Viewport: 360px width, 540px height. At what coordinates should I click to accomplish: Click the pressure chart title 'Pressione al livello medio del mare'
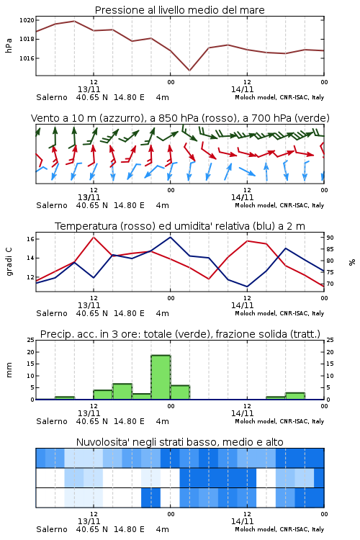coord(179,10)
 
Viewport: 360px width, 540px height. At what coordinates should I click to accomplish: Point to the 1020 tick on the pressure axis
coord(27,20)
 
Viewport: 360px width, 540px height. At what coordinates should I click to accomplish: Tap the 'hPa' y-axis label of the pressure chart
coord(9,46)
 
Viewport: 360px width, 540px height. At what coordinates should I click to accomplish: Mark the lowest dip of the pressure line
coord(189,71)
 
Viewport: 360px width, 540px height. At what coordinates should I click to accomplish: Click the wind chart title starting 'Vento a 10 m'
coord(180,118)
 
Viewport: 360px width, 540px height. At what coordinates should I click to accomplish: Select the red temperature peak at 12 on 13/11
coord(94,237)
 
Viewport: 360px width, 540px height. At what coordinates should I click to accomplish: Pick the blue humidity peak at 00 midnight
coord(170,237)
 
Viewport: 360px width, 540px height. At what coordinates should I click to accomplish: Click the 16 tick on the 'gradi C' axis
coord(30,238)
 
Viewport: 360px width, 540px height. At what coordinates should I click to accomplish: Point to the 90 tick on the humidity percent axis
coord(330,238)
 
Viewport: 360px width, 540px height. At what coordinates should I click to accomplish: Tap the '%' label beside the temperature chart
coord(352,262)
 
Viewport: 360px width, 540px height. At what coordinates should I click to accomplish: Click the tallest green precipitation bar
coord(161,377)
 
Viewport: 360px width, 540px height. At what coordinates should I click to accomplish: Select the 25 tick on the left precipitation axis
coord(31,340)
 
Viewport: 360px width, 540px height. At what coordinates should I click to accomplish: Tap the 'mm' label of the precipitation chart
coord(9,370)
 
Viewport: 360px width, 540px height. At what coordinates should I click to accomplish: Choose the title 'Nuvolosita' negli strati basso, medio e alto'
coord(179,442)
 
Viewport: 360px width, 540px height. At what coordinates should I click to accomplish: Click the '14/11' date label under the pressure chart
coord(242,89)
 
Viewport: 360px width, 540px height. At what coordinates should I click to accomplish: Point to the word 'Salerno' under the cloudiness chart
coord(52,529)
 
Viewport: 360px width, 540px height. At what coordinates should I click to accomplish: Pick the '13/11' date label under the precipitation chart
coord(89,413)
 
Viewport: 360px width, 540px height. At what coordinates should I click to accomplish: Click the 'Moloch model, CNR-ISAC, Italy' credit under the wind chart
coord(279,205)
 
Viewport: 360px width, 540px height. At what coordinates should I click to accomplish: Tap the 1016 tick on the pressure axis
coord(27,58)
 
